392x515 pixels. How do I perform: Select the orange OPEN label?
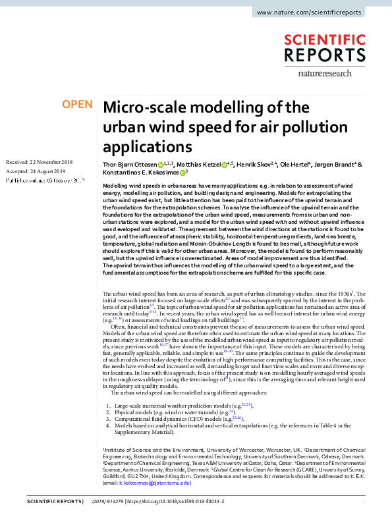(77, 104)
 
